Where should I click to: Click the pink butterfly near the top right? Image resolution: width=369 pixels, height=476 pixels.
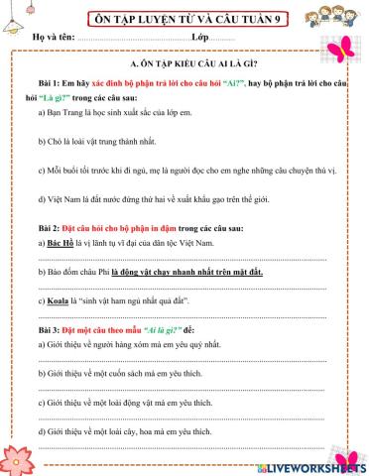(344, 50)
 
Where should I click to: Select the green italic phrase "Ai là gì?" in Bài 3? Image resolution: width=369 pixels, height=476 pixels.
(165, 326)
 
